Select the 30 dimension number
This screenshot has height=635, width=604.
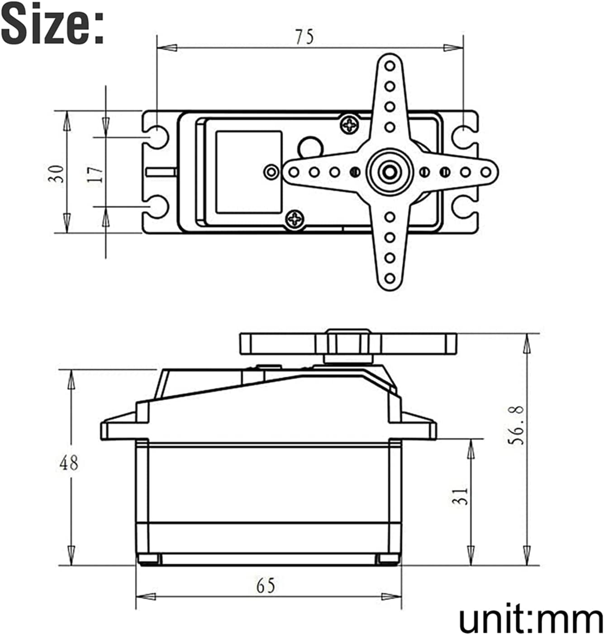click(57, 173)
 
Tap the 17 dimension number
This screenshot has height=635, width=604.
click(95, 173)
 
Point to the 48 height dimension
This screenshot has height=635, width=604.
click(69, 463)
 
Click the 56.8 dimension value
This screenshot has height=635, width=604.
click(516, 425)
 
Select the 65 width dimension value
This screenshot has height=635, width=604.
click(266, 586)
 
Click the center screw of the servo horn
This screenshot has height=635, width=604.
click(390, 172)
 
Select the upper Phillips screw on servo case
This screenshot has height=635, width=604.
click(350, 124)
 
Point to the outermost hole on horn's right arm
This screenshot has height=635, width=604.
click(486, 172)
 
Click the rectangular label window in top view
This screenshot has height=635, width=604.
click(248, 172)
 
